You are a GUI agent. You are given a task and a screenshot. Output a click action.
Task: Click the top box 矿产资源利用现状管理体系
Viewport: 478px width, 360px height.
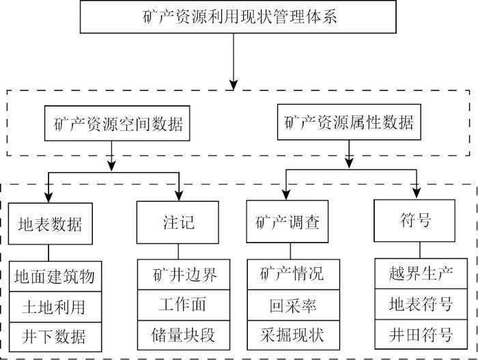coord(234,16)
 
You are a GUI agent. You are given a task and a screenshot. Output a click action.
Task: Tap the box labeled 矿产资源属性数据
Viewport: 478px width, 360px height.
coord(349,123)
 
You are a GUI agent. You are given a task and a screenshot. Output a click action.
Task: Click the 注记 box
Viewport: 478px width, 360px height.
coord(178,222)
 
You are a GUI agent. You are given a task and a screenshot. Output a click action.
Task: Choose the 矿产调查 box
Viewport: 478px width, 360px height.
coord(287,222)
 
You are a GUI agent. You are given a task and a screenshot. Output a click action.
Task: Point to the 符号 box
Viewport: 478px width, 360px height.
coord(416,221)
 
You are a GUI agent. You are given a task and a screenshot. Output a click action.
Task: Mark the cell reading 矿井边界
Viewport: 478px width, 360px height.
coord(179,275)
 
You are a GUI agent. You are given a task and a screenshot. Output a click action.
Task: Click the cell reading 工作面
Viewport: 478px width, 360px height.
coord(179,305)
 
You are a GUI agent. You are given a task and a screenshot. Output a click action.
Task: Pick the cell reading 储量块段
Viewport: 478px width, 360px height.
coord(179,334)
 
